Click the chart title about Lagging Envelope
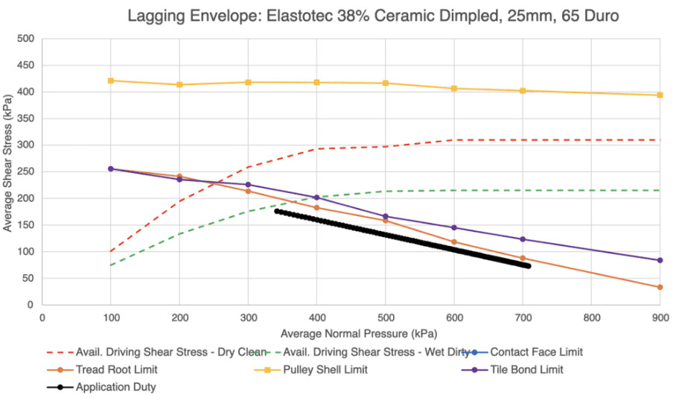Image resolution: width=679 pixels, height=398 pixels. (x=372, y=15)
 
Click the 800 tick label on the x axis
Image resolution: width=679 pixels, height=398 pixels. (x=591, y=317)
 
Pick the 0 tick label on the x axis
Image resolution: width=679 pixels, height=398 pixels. (x=42, y=317)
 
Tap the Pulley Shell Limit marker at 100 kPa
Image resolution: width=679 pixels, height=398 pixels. (x=111, y=80)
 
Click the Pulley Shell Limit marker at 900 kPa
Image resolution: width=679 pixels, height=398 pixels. (x=660, y=95)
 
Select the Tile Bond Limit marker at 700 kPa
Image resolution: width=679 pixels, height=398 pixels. (x=523, y=239)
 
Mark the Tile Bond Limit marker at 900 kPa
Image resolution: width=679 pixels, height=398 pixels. (x=660, y=260)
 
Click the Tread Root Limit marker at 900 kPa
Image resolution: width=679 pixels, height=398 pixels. (x=660, y=287)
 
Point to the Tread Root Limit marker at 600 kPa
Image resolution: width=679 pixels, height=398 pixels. (x=454, y=241)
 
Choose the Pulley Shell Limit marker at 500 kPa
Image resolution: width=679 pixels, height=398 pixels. (x=386, y=83)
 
